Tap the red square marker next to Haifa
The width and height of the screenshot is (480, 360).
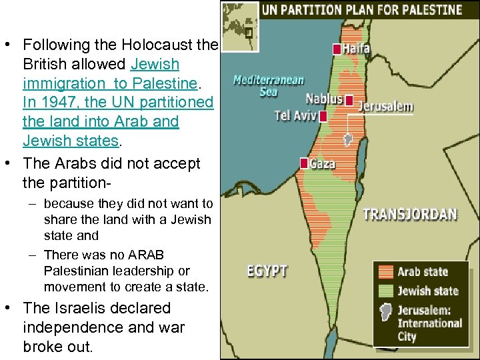337,49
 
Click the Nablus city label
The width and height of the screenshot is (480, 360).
324,99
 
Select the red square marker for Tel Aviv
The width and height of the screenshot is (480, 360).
323,117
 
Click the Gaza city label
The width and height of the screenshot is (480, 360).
322,163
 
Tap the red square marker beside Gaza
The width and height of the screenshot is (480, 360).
304,163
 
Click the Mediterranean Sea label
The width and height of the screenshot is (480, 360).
269,86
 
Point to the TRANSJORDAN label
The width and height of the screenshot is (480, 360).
410,215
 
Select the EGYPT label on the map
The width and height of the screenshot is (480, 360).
267,271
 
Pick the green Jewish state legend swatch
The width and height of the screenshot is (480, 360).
385,291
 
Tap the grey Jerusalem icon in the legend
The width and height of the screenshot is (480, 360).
385,314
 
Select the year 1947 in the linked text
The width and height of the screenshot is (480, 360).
58,103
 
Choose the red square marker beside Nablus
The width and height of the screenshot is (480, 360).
349,100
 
